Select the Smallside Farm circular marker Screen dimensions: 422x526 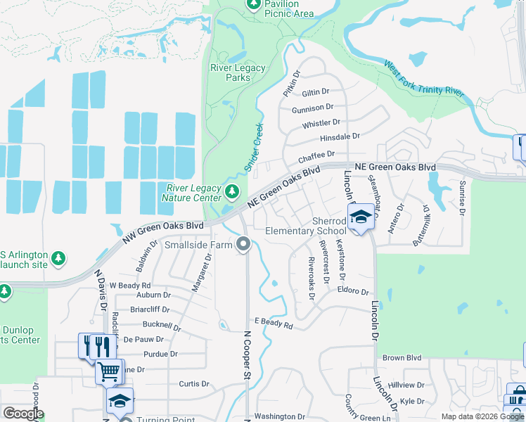(243, 245)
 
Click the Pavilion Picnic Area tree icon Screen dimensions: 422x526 (253, 5)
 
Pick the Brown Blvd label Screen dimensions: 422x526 (402, 358)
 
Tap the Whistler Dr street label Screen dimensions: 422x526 (321, 123)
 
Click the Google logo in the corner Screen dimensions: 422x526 (23, 414)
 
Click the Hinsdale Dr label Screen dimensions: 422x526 (340, 136)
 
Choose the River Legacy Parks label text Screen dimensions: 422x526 (238, 72)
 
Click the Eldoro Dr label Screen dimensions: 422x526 (353, 290)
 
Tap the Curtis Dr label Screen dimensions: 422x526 (194, 384)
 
